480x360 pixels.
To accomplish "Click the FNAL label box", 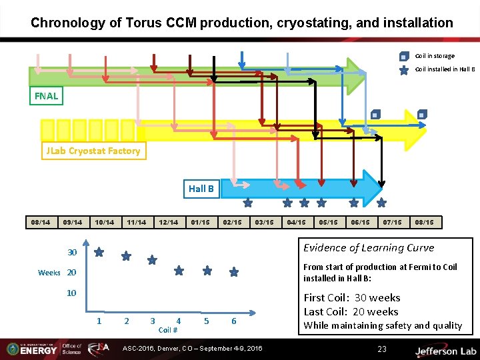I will (x=47, y=96).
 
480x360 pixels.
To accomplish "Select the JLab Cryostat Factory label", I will (x=93, y=151).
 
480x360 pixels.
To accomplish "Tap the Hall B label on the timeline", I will (x=201, y=189).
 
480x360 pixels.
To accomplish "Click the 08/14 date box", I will (x=40, y=222).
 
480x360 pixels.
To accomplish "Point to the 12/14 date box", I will (x=169, y=222).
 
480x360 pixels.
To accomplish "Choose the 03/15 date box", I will (x=265, y=222).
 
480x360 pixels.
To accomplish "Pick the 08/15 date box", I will (x=424, y=222).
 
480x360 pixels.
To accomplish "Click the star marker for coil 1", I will (x=99, y=253).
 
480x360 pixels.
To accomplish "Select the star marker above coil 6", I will (x=234, y=273).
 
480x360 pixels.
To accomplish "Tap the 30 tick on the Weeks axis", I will (x=72, y=253).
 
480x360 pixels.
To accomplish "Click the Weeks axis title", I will (x=49, y=273).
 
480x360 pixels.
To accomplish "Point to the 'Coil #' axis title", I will (x=168, y=330).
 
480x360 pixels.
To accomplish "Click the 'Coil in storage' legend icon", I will (x=404, y=57).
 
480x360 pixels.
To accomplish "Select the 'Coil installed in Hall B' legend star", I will (x=404, y=69).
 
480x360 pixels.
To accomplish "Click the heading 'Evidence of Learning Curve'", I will (x=369, y=248).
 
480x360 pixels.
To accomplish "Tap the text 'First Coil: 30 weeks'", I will (x=352, y=297).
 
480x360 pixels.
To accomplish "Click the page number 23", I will (x=382, y=349).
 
